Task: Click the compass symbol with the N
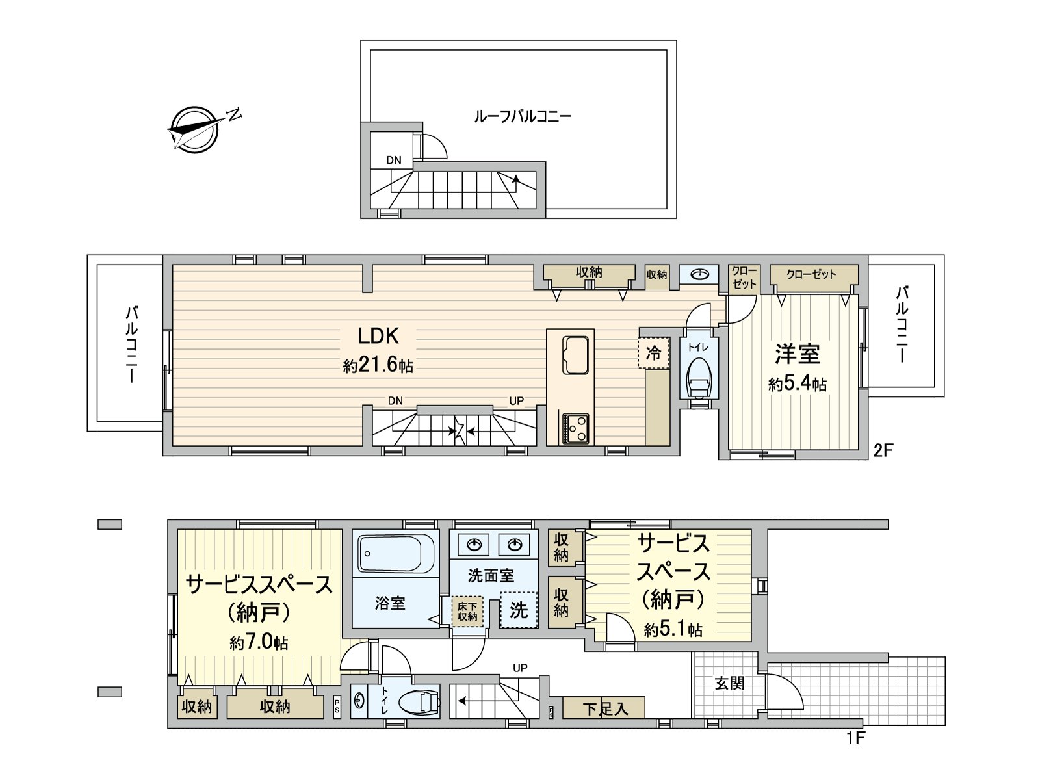(194, 129)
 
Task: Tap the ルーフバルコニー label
(522, 117)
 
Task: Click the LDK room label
(378, 336)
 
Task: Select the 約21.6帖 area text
(378, 365)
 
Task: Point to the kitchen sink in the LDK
(575, 355)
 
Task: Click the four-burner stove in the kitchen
(575, 428)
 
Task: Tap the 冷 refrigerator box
(653, 353)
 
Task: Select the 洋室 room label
(797, 355)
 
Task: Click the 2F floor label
(884, 450)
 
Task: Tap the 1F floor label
(856, 738)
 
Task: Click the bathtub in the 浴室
(395, 554)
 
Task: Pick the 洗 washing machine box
(518, 610)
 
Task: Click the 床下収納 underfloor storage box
(467, 611)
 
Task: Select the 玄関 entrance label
(729, 683)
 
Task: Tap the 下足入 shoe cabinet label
(604, 708)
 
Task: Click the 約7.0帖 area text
(259, 643)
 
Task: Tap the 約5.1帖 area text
(673, 629)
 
